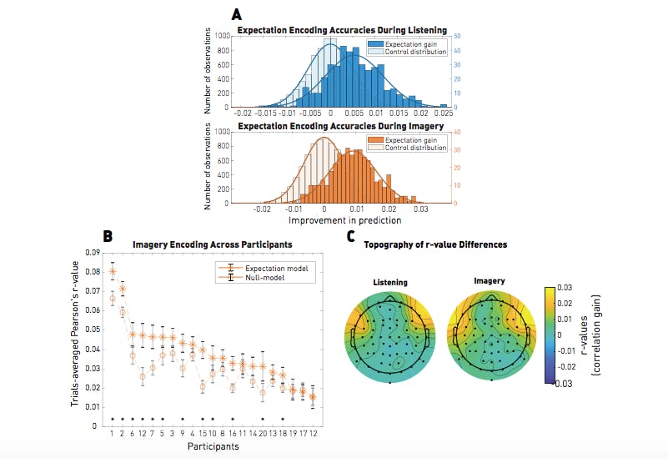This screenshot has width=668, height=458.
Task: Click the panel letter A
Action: coord(238,14)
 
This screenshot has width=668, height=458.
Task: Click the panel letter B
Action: coord(107,236)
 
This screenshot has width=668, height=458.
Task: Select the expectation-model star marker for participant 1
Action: coord(113,271)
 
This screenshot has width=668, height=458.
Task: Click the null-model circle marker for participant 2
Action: coord(123,313)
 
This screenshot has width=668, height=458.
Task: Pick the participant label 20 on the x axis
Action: coord(263,433)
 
